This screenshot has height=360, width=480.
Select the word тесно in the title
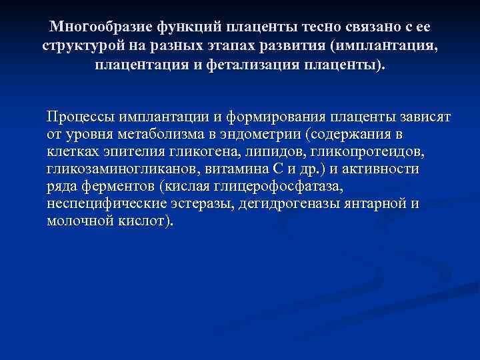[312, 27]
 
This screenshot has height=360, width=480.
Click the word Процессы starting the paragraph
[77, 117]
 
